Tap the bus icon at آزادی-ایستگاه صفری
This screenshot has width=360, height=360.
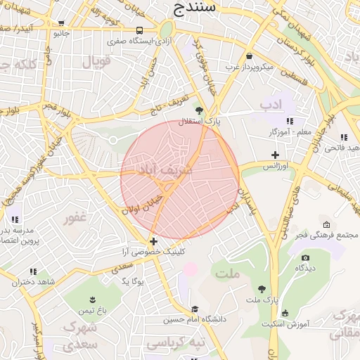140,31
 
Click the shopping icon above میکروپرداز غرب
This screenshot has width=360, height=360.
249,56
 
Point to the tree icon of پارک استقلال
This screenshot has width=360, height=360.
200,110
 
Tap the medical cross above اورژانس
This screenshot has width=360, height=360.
275,155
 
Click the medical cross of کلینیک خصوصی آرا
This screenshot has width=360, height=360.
154,241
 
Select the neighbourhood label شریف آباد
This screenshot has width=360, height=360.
167,170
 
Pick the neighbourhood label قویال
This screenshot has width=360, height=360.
97,62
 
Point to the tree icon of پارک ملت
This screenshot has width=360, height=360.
262,289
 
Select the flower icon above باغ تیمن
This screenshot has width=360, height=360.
91,299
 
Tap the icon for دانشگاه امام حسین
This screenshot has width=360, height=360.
195,309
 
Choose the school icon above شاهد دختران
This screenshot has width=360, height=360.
32,271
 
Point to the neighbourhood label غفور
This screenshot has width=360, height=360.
75,218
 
